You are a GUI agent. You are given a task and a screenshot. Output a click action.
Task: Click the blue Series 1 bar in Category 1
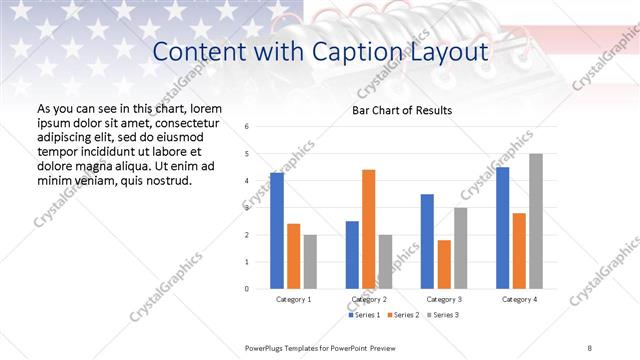coord(277,231)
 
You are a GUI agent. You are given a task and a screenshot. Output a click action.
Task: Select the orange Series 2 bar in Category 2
coord(368,229)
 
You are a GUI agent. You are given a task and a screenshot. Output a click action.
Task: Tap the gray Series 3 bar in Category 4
coord(536,221)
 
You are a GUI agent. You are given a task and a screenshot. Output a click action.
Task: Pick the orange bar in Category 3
coord(444,264)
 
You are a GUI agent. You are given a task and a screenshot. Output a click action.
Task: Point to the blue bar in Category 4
coord(502,228)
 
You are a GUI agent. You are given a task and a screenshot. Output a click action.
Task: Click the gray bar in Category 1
coord(310,262)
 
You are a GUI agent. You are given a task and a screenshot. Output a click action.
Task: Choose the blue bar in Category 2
coord(352,255)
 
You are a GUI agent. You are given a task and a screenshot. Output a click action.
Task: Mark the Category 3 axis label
coord(443,299)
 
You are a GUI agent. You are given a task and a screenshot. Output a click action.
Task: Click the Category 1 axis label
coord(294,299)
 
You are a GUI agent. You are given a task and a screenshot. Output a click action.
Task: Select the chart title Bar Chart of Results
coord(402,110)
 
